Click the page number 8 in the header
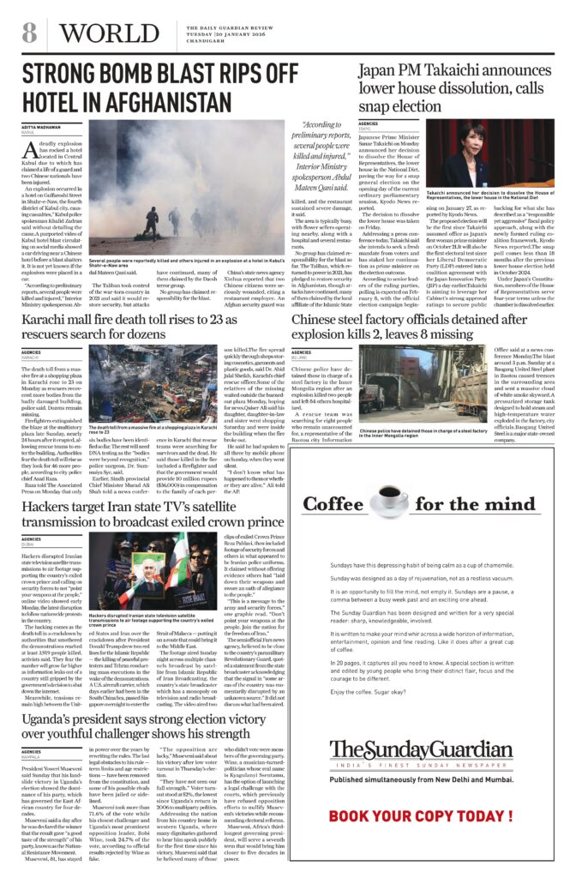coord(29,33)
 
